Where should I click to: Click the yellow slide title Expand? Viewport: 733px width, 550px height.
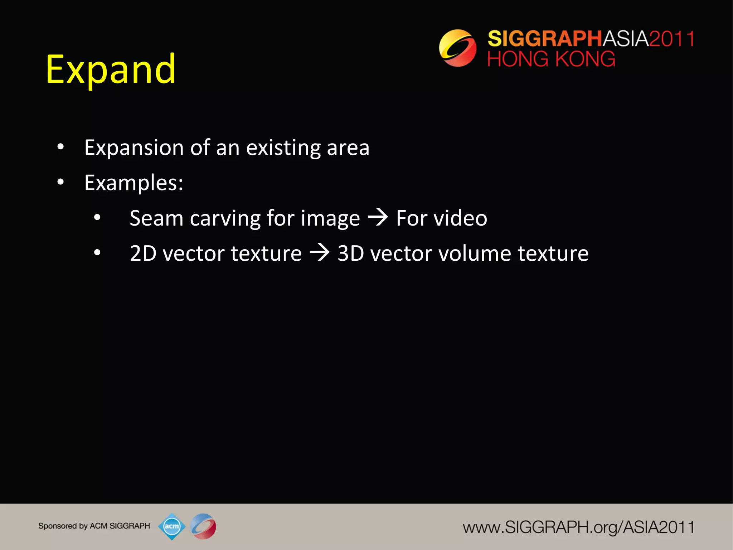[111, 70]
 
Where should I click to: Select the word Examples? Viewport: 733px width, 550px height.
[134, 183]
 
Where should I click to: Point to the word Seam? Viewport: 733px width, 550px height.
[156, 218]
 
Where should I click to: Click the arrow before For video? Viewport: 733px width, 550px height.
[378, 217]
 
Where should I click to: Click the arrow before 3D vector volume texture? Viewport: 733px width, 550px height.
[319, 252]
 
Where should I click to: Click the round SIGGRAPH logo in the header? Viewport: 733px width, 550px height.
[458, 48]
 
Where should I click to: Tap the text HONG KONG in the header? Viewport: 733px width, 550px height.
[551, 59]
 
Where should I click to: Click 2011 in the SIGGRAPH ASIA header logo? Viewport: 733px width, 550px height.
[671, 39]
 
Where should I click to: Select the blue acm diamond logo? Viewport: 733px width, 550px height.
[172, 526]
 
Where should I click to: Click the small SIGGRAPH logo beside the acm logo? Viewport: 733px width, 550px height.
[203, 526]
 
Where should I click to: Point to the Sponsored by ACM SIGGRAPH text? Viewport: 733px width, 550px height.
[94, 526]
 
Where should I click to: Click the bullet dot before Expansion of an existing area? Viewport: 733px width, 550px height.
[60, 147]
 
